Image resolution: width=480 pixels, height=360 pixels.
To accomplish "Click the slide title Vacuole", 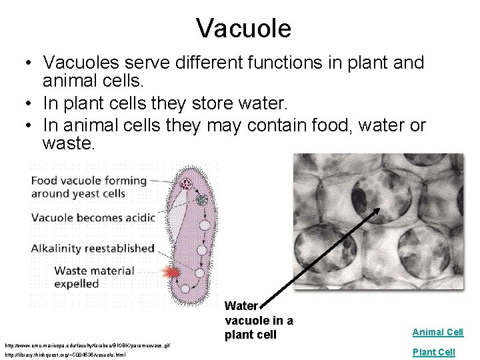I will click(x=243, y=29).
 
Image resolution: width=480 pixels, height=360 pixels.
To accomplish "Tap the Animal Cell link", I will click(x=437, y=332).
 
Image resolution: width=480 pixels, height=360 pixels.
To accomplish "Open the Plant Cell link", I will click(x=433, y=352).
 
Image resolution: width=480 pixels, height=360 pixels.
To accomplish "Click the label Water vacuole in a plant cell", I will click(x=259, y=320).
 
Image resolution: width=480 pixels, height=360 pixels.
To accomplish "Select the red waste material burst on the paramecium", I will click(x=171, y=272).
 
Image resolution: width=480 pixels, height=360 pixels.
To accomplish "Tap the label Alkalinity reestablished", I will click(x=93, y=248).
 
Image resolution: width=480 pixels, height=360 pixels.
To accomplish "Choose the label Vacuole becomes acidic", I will click(x=93, y=217).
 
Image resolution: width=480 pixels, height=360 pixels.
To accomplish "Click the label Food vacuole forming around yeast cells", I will click(x=89, y=187).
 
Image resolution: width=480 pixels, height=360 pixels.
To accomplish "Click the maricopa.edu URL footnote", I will click(x=87, y=346).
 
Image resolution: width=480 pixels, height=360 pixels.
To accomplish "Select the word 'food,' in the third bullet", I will click(x=315, y=125).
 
